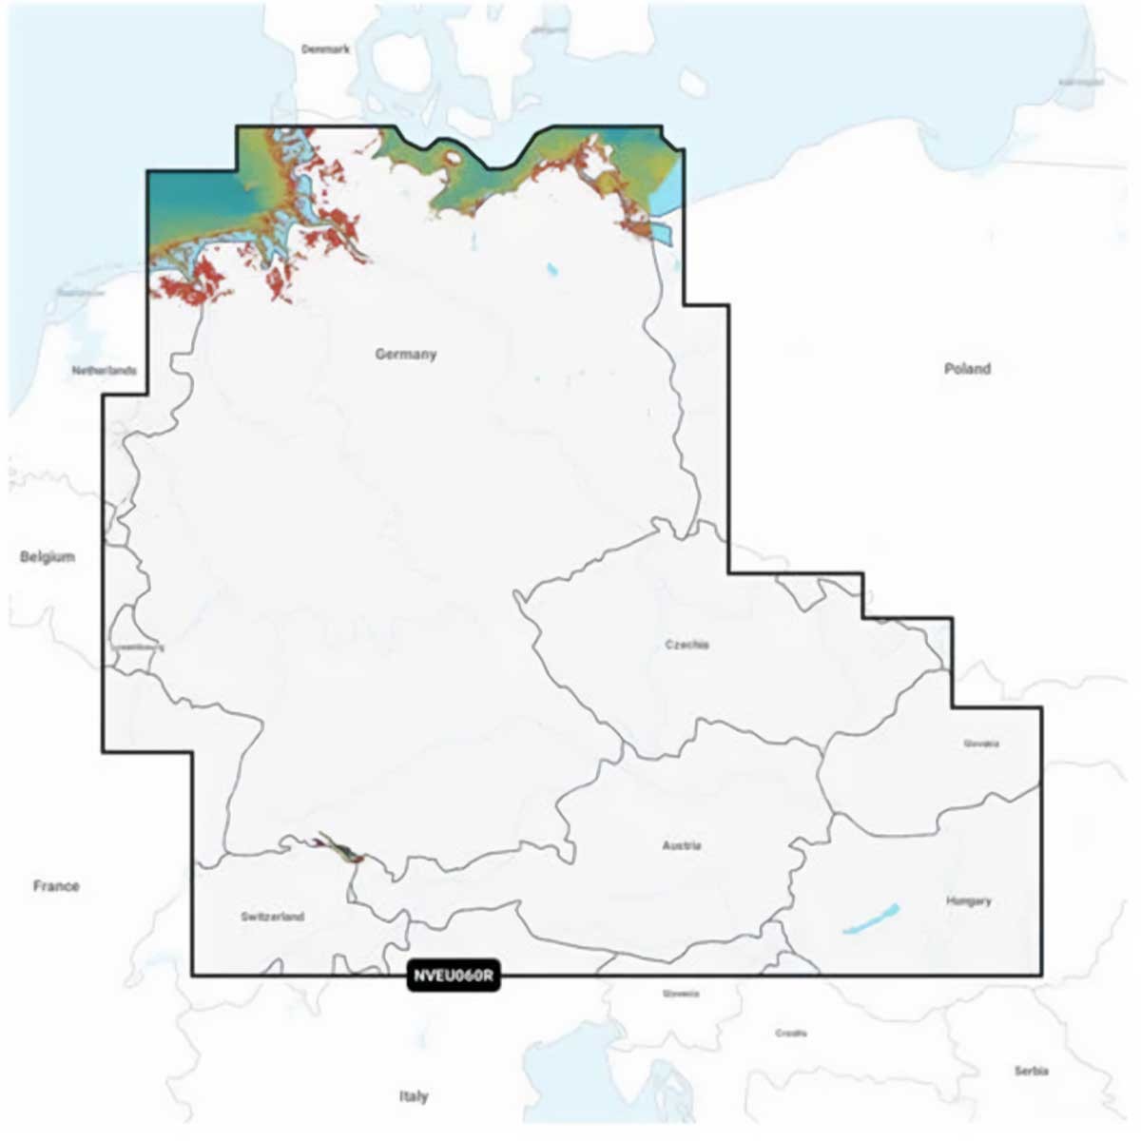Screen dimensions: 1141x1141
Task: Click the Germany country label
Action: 406,355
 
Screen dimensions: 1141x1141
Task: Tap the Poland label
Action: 967,369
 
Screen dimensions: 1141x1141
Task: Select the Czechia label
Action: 687,645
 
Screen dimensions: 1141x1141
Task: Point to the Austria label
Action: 682,845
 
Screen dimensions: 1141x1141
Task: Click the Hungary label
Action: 969,900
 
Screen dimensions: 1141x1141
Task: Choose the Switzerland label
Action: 273,917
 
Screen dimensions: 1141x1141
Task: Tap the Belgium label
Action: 48,556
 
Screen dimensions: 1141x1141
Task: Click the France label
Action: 56,886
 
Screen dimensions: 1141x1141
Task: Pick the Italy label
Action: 414,1096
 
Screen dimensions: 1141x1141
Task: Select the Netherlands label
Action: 105,371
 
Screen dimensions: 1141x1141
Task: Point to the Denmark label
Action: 326,48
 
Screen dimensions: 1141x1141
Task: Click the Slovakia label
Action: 981,744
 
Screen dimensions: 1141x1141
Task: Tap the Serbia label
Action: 1031,1072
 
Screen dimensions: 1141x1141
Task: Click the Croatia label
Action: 791,1033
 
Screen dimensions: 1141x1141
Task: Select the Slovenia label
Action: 681,994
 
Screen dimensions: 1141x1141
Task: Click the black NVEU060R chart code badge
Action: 454,977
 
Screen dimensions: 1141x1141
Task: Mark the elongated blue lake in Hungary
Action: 870,918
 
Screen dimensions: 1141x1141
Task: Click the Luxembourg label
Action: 138,648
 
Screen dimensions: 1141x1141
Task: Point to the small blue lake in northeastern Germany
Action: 552,271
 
